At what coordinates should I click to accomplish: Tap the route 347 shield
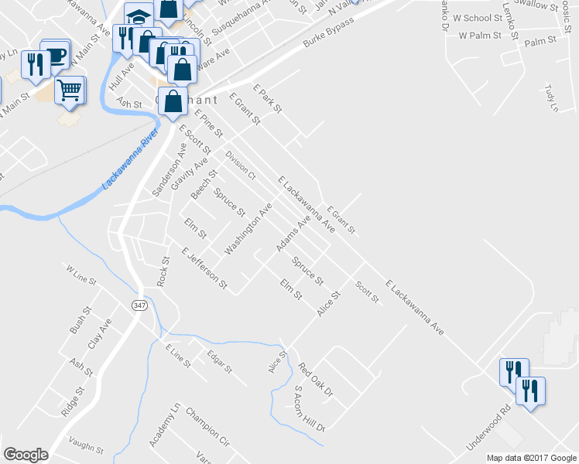139,305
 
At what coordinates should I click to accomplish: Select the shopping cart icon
70,90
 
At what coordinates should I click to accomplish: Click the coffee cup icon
56,54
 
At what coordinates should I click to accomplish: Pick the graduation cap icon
139,16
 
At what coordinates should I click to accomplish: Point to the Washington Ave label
248,230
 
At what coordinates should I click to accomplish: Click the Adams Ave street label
293,234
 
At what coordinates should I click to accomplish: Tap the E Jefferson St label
204,269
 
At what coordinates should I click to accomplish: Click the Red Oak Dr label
315,380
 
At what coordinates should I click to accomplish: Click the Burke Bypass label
328,31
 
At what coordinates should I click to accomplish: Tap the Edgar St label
219,362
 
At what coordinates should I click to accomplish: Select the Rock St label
163,271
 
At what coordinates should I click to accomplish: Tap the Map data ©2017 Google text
531,458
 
